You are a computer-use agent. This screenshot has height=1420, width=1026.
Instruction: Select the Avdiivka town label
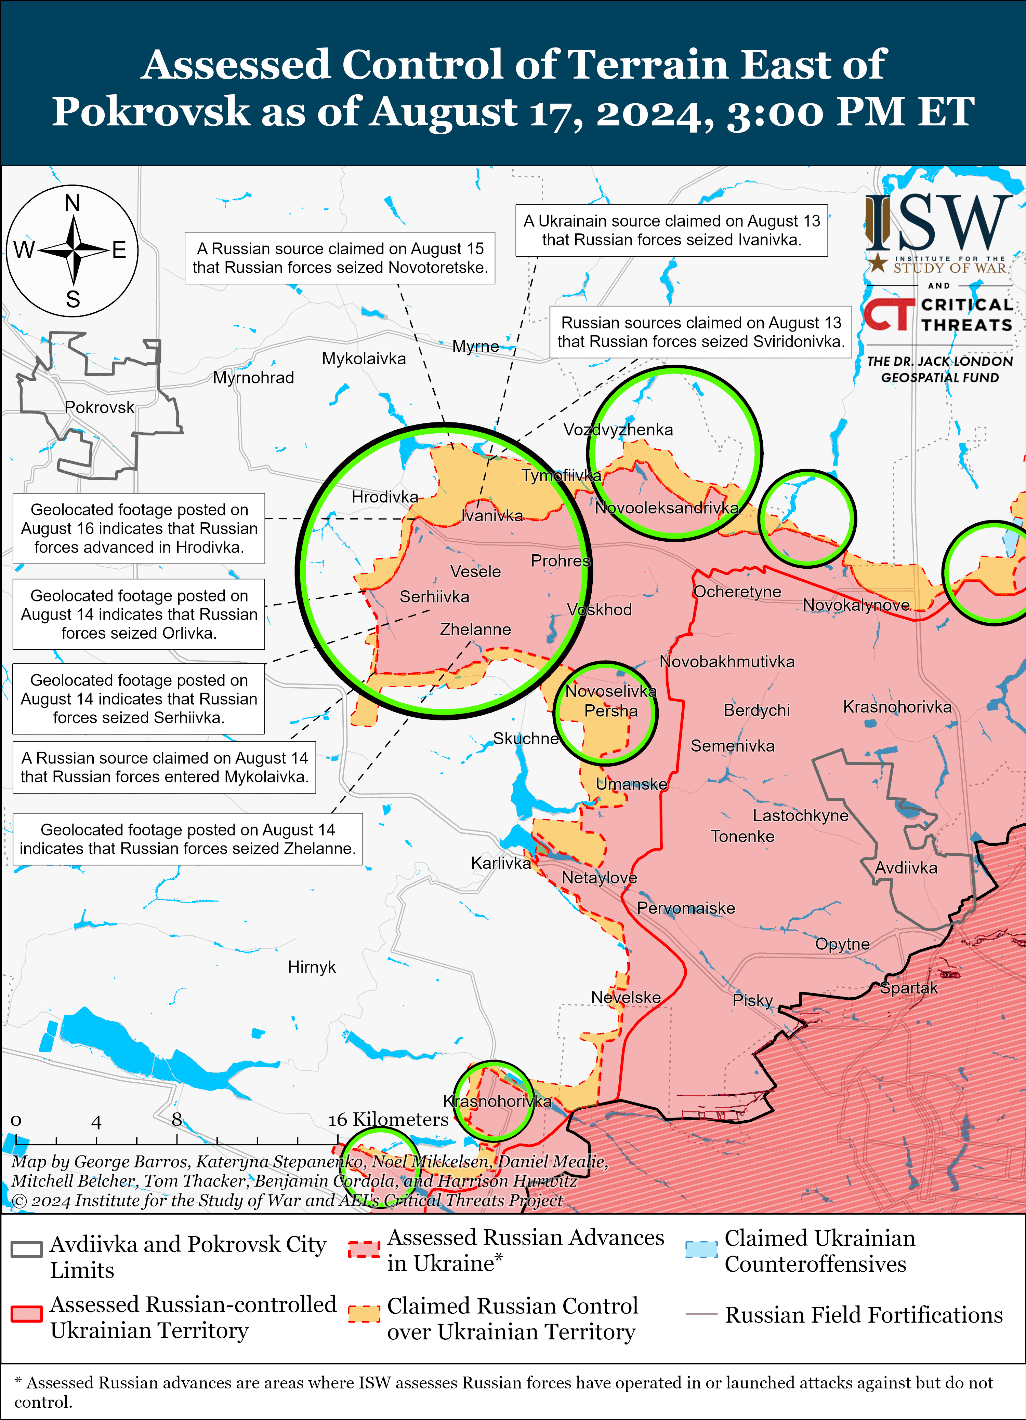click(x=906, y=868)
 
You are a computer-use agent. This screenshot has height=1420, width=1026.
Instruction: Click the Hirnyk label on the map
click(x=311, y=967)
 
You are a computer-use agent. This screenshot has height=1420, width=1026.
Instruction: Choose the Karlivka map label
click(x=500, y=863)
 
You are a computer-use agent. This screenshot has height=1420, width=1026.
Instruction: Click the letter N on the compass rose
click(x=73, y=203)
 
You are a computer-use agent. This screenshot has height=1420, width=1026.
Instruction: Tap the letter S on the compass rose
click(x=73, y=299)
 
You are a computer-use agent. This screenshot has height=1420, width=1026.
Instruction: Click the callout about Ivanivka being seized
click(x=671, y=230)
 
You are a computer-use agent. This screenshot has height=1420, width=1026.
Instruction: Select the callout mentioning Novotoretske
click(x=340, y=258)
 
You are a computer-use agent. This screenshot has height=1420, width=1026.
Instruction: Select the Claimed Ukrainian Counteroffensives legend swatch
click(x=700, y=1249)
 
